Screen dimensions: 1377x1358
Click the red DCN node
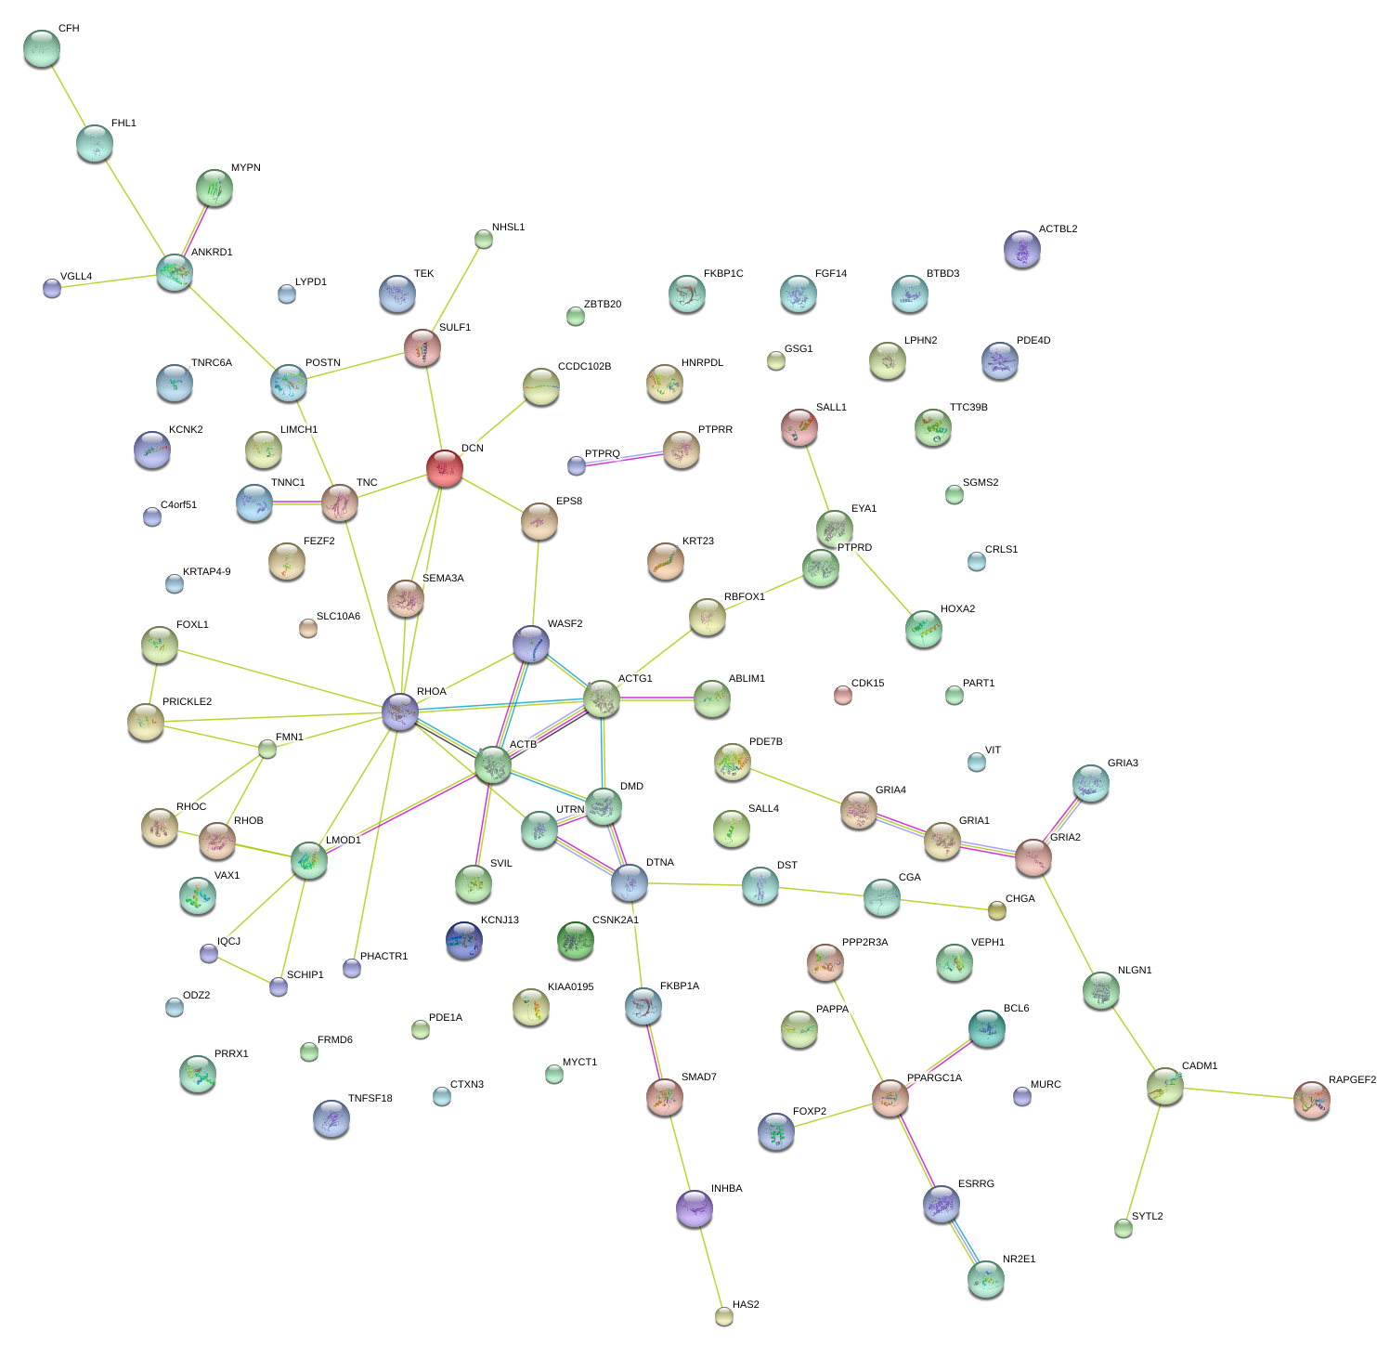point(445,468)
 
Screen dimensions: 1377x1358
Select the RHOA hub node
point(400,712)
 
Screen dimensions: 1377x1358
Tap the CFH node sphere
point(41,48)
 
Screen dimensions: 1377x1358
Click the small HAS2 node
point(724,1315)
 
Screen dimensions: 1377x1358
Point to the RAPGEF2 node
point(1311,1100)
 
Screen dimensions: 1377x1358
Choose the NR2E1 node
point(985,1279)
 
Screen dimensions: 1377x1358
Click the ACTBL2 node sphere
point(1022,249)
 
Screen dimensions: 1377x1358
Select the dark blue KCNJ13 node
point(464,940)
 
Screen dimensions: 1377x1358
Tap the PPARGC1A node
point(890,1099)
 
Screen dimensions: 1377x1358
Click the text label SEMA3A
point(443,579)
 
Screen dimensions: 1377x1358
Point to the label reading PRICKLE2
point(187,702)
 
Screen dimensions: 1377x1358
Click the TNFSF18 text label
point(370,1099)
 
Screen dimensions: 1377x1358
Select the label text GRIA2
point(1065,838)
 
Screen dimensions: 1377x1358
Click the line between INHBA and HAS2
point(709,1262)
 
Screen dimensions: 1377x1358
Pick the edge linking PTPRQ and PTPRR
point(619,459)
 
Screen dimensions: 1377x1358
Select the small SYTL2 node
point(1124,1228)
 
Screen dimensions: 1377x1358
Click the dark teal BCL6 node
point(986,1028)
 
